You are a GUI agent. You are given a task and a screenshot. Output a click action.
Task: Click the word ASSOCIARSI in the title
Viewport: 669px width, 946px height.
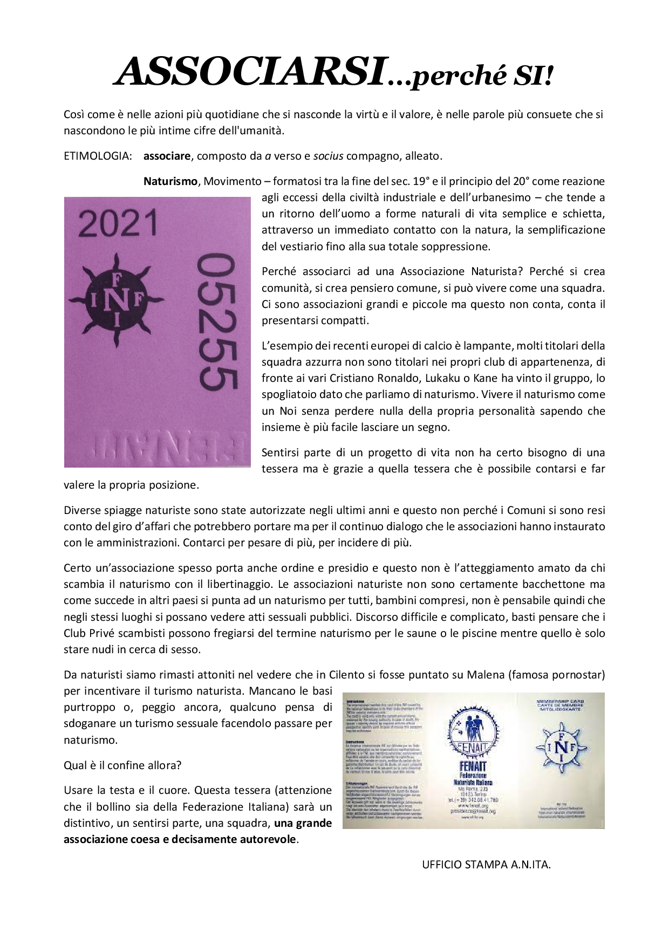251,72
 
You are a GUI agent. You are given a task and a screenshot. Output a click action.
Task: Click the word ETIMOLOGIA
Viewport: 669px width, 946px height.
98,156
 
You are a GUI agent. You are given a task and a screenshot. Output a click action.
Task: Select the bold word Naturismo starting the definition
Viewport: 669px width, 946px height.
170,181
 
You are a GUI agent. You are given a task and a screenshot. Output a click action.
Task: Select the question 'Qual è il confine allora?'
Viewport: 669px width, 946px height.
122,765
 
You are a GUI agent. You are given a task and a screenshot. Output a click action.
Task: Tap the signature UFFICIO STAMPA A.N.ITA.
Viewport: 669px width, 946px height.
486,864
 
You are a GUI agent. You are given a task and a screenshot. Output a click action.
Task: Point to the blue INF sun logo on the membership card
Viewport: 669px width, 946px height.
560,747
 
